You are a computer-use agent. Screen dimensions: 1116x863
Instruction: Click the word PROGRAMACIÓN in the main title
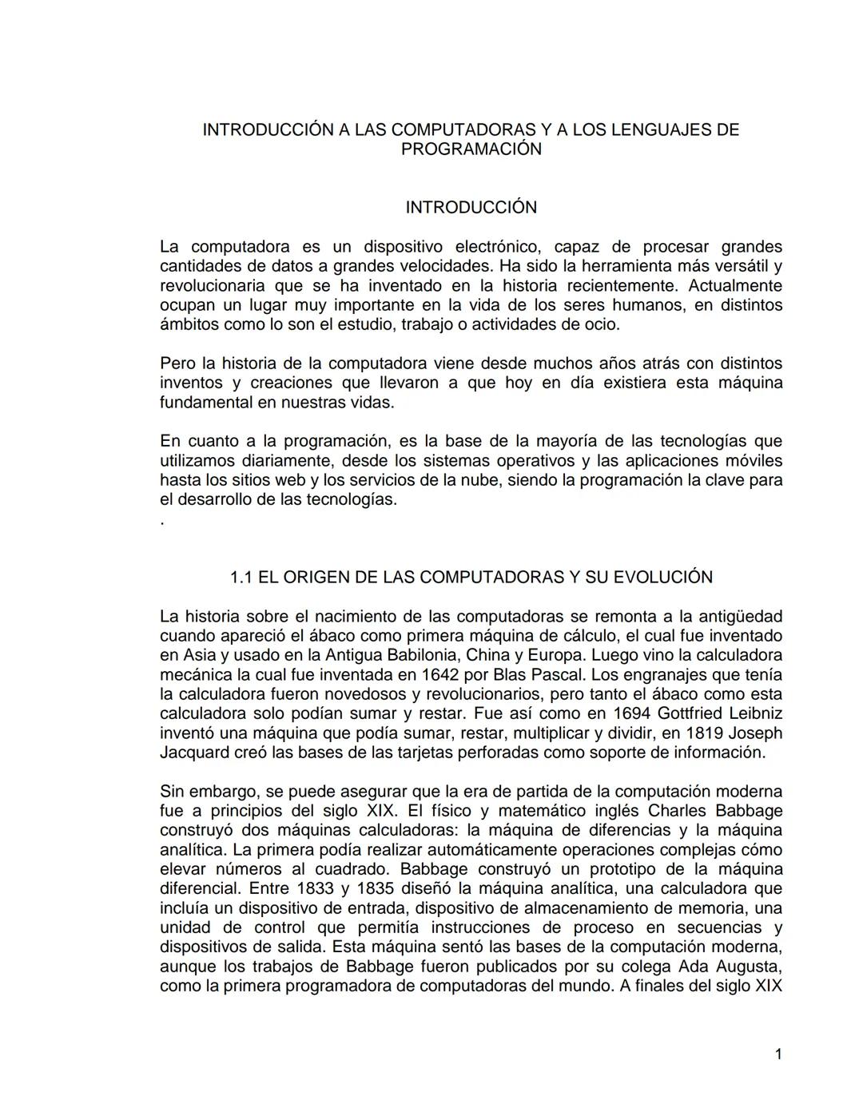click(471, 149)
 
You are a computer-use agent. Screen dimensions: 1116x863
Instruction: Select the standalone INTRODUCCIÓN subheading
click(471, 208)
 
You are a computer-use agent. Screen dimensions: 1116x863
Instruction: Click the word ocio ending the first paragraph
click(602, 324)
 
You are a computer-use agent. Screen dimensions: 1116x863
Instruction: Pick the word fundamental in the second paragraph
click(205, 403)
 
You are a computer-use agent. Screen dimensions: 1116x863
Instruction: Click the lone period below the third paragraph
click(162, 522)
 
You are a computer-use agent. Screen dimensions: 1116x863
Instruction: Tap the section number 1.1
click(241, 578)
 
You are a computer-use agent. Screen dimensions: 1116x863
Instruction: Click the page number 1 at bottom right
click(778, 1054)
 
